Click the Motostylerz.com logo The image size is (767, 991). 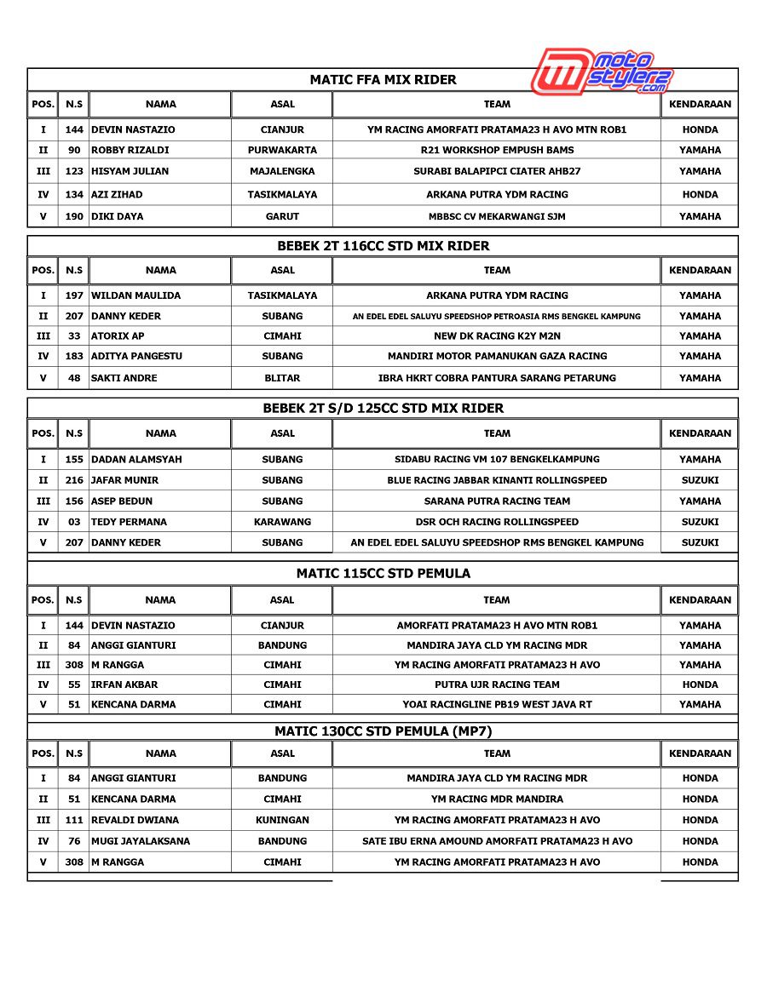click(x=603, y=72)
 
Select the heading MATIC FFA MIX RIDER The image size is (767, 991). click(x=383, y=80)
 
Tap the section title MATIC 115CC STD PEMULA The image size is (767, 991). click(x=383, y=574)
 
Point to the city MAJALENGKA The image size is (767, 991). click(x=282, y=171)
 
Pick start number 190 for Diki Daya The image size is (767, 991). click(x=74, y=216)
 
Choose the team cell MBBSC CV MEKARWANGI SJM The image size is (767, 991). click(x=497, y=216)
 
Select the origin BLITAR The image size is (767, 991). click(x=282, y=378)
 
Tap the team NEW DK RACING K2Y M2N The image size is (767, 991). click(x=497, y=336)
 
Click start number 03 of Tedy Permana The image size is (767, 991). click(x=74, y=522)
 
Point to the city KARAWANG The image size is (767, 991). click(x=282, y=522)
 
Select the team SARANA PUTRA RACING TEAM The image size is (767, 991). click(x=497, y=501)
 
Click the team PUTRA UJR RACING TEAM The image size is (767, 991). click(x=497, y=685)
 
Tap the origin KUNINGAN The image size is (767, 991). click(x=282, y=820)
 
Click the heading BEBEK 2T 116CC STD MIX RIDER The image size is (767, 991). click(x=383, y=246)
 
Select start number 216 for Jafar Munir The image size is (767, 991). click(x=74, y=480)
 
